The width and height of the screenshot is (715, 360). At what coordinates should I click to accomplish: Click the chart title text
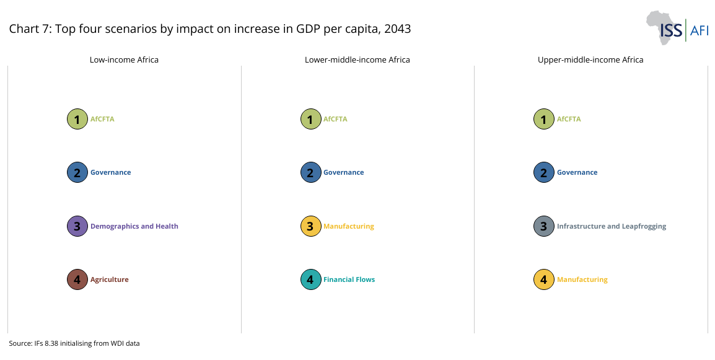[x=209, y=29]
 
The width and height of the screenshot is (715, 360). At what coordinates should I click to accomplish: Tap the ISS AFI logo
[x=677, y=28]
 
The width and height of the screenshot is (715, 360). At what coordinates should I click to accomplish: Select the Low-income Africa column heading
[x=124, y=60]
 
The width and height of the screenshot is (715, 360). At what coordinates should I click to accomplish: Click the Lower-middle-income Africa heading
[x=357, y=60]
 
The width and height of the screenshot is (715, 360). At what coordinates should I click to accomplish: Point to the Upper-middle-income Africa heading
[x=590, y=60]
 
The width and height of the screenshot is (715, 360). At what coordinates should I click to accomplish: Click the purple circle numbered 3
[x=77, y=226]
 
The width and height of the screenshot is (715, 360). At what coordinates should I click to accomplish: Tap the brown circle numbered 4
[x=77, y=279]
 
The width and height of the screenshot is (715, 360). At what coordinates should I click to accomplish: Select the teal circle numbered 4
[x=310, y=279]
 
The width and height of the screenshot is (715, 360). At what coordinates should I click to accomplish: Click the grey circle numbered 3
[x=543, y=226]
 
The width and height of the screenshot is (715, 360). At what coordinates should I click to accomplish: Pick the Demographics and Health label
[x=134, y=226]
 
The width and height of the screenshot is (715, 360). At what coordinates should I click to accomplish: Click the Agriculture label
[x=109, y=279]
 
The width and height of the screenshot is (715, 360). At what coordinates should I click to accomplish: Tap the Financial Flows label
[x=349, y=279]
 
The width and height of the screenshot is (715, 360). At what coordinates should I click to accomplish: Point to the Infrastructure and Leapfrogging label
[x=611, y=226]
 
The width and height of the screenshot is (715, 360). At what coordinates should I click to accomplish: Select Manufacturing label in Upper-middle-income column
[x=582, y=279]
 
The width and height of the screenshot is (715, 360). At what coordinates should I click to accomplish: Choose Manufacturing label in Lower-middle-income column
[x=348, y=226]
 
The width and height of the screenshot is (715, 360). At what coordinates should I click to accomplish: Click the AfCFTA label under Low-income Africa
[x=102, y=119]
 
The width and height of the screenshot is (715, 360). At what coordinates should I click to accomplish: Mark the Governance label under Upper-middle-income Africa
[x=577, y=172]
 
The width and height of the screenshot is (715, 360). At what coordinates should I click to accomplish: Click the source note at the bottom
[x=74, y=343]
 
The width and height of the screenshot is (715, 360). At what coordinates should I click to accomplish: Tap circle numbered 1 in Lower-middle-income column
[x=310, y=119]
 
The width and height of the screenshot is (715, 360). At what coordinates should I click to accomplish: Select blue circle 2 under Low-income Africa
[x=77, y=172]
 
